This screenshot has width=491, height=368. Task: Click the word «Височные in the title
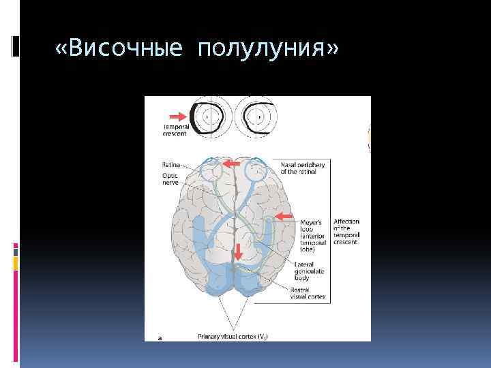click(x=119, y=49)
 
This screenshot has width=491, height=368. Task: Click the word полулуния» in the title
click(x=268, y=49)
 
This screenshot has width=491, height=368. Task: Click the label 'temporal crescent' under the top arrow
click(x=175, y=130)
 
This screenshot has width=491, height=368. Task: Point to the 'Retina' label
click(x=171, y=164)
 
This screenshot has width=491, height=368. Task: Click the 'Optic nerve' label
click(x=170, y=179)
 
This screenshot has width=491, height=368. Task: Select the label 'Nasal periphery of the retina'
click(x=303, y=168)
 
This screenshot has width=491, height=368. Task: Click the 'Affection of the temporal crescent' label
click(x=346, y=232)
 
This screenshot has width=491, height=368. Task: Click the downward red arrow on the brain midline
click(x=237, y=251)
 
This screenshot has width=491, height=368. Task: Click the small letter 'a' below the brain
click(x=160, y=336)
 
